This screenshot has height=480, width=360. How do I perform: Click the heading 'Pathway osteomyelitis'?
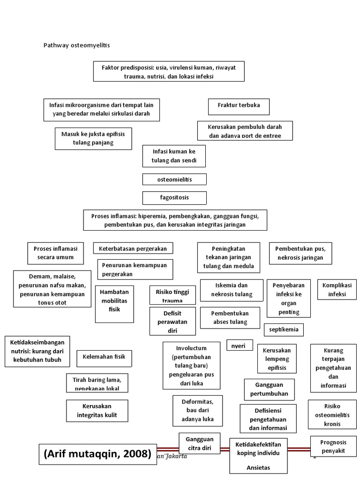pyautogui.click(x=77, y=45)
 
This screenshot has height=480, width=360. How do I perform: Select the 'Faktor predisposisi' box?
pyautogui.click(x=169, y=72)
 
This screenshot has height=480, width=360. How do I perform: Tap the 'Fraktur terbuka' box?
pyautogui.click(x=239, y=106)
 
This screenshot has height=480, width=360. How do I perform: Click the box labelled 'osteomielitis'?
pyautogui.click(x=174, y=180)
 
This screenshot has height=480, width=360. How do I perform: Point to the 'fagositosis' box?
pyautogui.click(x=174, y=197)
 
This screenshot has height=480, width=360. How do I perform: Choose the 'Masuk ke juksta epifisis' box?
pyautogui.click(x=93, y=138)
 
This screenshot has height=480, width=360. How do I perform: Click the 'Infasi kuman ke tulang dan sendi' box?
pyautogui.click(x=174, y=156)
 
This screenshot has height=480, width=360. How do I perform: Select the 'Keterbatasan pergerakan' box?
pyautogui.click(x=133, y=248)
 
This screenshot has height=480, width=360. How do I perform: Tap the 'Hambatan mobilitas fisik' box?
pyautogui.click(x=114, y=304)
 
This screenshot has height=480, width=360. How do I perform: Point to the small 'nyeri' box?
pyautogui.click(x=240, y=345)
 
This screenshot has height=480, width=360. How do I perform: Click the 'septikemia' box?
pyautogui.click(x=284, y=330)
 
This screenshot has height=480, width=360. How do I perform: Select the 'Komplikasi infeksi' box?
pyautogui.click(x=337, y=290)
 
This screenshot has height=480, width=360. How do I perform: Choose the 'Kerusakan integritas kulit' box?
pyautogui.click(x=97, y=411)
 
